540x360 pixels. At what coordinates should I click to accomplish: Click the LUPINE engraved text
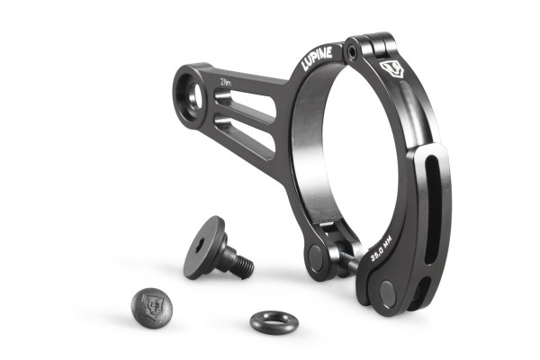tap(317, 58)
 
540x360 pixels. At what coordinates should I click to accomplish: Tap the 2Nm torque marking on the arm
tap(226, 83)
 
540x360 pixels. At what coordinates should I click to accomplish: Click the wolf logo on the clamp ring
tap(391, 70)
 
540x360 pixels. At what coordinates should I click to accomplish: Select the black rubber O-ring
tap(274, 322)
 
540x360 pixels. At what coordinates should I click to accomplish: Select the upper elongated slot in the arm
tap(244, 104)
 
